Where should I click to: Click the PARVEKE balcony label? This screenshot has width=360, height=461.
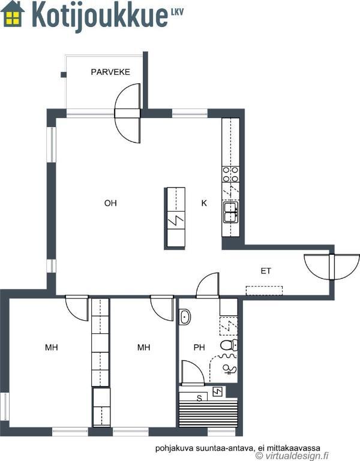110,72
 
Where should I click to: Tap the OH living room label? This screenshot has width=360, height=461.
110,203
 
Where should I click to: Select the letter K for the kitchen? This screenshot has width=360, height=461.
204,203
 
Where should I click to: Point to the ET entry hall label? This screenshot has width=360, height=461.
266,271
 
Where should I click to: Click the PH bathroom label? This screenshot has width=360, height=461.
199,348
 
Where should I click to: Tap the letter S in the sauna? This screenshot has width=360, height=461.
200,399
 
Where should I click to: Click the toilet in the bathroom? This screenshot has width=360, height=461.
229,345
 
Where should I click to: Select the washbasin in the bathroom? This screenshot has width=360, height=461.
185,317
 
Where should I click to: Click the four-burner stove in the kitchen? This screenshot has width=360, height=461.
230,174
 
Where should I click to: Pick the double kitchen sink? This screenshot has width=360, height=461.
230,212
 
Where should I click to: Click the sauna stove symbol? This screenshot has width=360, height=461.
218,391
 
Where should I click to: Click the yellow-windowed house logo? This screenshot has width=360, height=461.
13,14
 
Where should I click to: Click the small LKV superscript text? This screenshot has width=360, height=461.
177,12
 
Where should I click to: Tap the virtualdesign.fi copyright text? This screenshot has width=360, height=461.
292,456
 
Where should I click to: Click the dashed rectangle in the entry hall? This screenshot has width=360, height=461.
264,291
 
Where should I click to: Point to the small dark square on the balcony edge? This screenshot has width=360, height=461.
64,75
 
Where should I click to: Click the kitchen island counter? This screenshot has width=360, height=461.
175,218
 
